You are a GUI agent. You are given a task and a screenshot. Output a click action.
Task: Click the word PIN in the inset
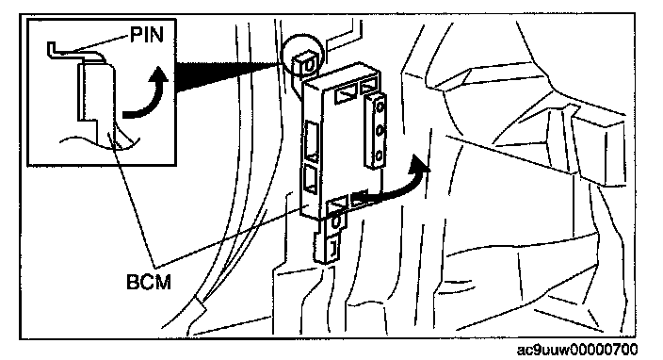click(x=147, y=34)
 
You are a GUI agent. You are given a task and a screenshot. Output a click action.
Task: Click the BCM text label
click(x=149, y=282)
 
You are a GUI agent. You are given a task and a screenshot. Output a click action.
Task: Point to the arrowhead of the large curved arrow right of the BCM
click(x=420, y=166)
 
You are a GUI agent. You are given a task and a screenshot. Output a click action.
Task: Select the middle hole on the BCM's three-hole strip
click(x=380, y=131)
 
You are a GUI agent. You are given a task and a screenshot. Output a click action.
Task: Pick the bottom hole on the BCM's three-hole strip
click(x=380, y=155)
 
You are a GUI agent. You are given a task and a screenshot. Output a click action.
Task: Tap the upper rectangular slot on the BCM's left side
click(x=312, y=141)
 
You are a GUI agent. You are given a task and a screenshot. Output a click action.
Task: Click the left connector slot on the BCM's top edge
click(x=346, y=95)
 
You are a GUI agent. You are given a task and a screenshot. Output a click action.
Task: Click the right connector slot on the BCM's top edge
click(x=369, y=87)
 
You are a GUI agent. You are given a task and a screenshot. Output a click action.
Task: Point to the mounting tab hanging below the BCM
click(x=331, y=240)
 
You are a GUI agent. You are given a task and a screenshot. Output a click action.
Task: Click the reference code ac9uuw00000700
click(x=577, y=350)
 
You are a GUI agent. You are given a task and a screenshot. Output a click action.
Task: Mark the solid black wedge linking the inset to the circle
click(x=228, y=76)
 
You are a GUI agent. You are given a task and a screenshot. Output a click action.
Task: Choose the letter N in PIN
click(x=156, y=34)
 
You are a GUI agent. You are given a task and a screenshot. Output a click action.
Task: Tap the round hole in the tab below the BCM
click(x=335, y=223)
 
